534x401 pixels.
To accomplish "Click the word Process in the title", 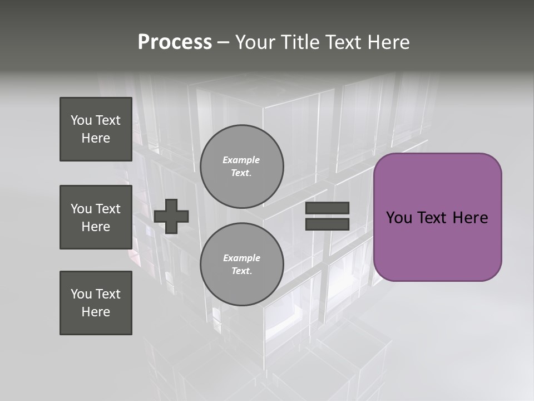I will [175, 42].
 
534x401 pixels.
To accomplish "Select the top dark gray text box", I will [96, 129].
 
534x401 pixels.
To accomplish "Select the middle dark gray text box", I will [96, 217].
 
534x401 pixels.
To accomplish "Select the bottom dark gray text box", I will [96, 303].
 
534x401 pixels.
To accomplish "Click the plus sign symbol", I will [171, 216].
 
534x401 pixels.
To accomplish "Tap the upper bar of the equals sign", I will [327, 208].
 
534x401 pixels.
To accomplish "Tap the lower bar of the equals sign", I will [327, 224].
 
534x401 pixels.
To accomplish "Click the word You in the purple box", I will [398, 218].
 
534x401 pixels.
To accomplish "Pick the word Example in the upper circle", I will [241, 160].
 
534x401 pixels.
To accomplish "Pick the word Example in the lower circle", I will [241, 258].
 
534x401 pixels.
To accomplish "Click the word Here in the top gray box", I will [96, 138].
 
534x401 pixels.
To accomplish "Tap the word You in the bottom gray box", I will [81, 294].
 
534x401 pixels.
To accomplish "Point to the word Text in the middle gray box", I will [107, 209].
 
